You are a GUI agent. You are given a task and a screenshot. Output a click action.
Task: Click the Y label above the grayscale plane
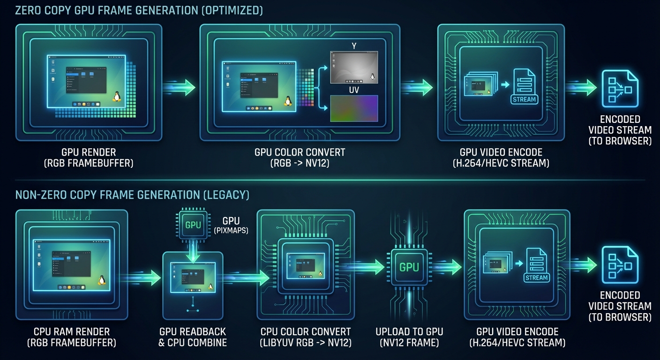point(354,46)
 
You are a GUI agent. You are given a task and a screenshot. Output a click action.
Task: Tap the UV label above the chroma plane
point(354,90)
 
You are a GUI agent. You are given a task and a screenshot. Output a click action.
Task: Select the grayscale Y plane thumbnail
point(354,67)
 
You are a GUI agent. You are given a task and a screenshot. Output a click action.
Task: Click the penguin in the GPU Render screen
point(117,96)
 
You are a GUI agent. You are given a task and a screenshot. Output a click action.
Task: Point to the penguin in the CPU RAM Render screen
point(101,279)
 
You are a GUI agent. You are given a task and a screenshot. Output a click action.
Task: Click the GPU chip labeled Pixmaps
point(193,225)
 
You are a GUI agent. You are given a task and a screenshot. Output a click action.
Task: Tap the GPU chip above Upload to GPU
point(409,267)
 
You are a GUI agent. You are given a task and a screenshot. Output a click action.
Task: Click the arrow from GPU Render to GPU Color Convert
point(180,88)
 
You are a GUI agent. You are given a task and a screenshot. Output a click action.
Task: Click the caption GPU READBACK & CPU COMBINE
point(193,337)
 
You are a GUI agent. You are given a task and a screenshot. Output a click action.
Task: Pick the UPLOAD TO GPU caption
point(409,332)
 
